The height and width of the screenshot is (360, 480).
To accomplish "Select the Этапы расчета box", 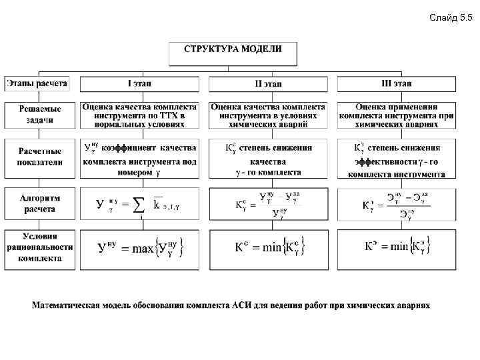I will (x=37, y=83).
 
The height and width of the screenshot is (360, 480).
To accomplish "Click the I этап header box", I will (x=139, y=84).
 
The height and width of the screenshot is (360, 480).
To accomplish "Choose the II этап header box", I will (x=268, y=84).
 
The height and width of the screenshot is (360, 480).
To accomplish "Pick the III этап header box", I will (x=396, y=84).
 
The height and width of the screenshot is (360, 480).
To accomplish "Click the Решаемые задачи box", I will (x=40, y=115).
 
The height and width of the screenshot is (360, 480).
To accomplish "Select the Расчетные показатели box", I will (x=40, y=157).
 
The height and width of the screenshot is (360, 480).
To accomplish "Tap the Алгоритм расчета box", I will (x=40, y=203).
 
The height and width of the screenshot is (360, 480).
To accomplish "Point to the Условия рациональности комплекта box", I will (x=40, y=248).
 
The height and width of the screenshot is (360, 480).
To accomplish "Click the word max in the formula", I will (x=143, y=249).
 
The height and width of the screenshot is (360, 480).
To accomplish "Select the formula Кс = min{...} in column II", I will (x=267, y=247).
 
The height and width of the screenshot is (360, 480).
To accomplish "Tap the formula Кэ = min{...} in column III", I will (x=396, y=247).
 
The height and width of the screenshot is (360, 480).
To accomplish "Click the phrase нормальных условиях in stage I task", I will (x=139, y=124).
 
